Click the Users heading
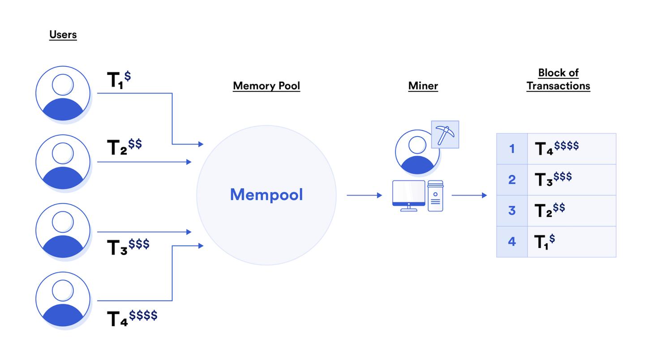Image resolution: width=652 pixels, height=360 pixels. pos(63,34)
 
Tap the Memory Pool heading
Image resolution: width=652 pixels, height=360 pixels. pos(266,86)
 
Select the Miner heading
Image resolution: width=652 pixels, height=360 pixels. pos(423,86)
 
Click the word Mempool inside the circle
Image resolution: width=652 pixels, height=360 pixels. pos(266,195)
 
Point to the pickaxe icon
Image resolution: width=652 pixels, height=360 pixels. pos(445,134)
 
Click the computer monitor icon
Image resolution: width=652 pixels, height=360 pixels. pos(408,195)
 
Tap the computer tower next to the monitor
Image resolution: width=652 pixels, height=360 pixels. pos(435,196)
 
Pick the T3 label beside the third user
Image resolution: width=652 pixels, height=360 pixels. pos(128,246)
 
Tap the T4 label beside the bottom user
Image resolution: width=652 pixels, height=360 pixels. pos(132,318)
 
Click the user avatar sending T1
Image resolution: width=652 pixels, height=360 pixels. pos(63,94)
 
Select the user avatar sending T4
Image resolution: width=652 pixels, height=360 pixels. pos(63,299)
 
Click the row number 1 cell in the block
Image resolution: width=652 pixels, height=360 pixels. pos(512,149)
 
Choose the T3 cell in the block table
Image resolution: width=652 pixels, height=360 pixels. pos(571,180)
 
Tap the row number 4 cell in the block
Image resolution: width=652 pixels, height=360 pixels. pos(512,242)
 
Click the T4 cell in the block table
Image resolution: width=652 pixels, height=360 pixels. pos(571,148)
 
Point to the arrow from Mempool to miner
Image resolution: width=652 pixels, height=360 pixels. pos(364,195)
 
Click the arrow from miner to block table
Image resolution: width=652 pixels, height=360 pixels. pos(469,195)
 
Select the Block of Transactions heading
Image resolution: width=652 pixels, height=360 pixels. pos(558,79)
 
